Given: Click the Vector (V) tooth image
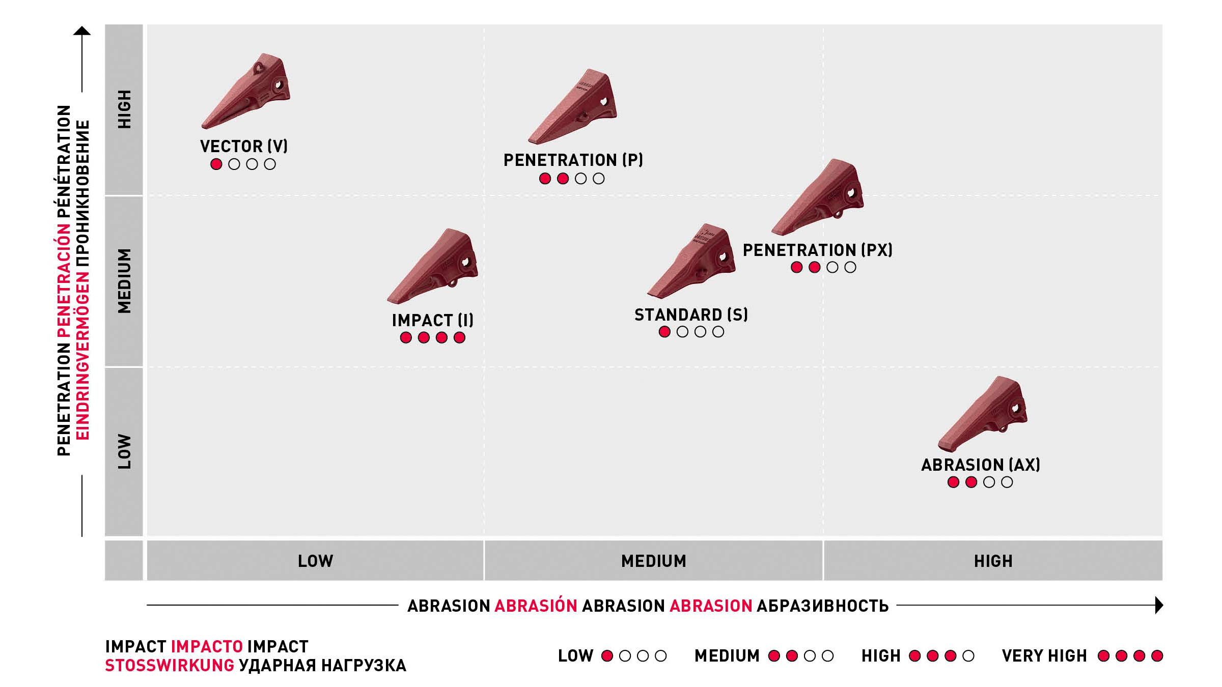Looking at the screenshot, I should click(246, 92).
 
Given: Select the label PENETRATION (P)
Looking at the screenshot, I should click(573, 160).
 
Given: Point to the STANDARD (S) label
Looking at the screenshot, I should click(691, 315).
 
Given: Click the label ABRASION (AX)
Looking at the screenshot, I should click(980, 465).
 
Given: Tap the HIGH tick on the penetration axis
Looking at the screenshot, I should click(124, 109).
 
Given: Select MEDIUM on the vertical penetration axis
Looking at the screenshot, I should click(124, 281).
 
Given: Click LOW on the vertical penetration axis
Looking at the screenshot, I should click(124, 451).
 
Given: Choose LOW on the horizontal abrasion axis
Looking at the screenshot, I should click(315, 561).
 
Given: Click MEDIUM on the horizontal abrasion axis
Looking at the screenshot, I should click(653, 561).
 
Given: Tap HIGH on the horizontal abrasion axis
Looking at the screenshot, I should click(993, 561).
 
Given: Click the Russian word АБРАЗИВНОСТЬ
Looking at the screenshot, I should click(822, 606).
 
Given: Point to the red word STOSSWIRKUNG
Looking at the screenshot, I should click(170, 666).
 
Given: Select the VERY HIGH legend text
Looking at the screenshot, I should click(1044, 656).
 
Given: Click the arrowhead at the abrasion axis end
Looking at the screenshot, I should click(1159, 605).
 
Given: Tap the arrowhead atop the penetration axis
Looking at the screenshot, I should click(82, 31).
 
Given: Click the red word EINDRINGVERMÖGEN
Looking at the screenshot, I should click(82, 280).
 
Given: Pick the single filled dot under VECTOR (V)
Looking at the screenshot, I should click(216, 164).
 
